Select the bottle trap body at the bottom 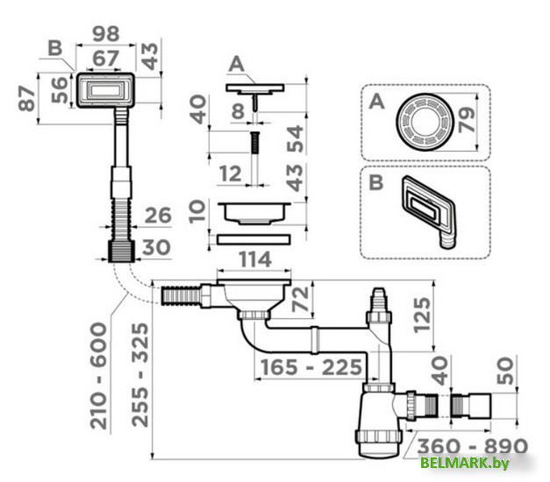pos(380,421)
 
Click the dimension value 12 pos(230,174)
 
